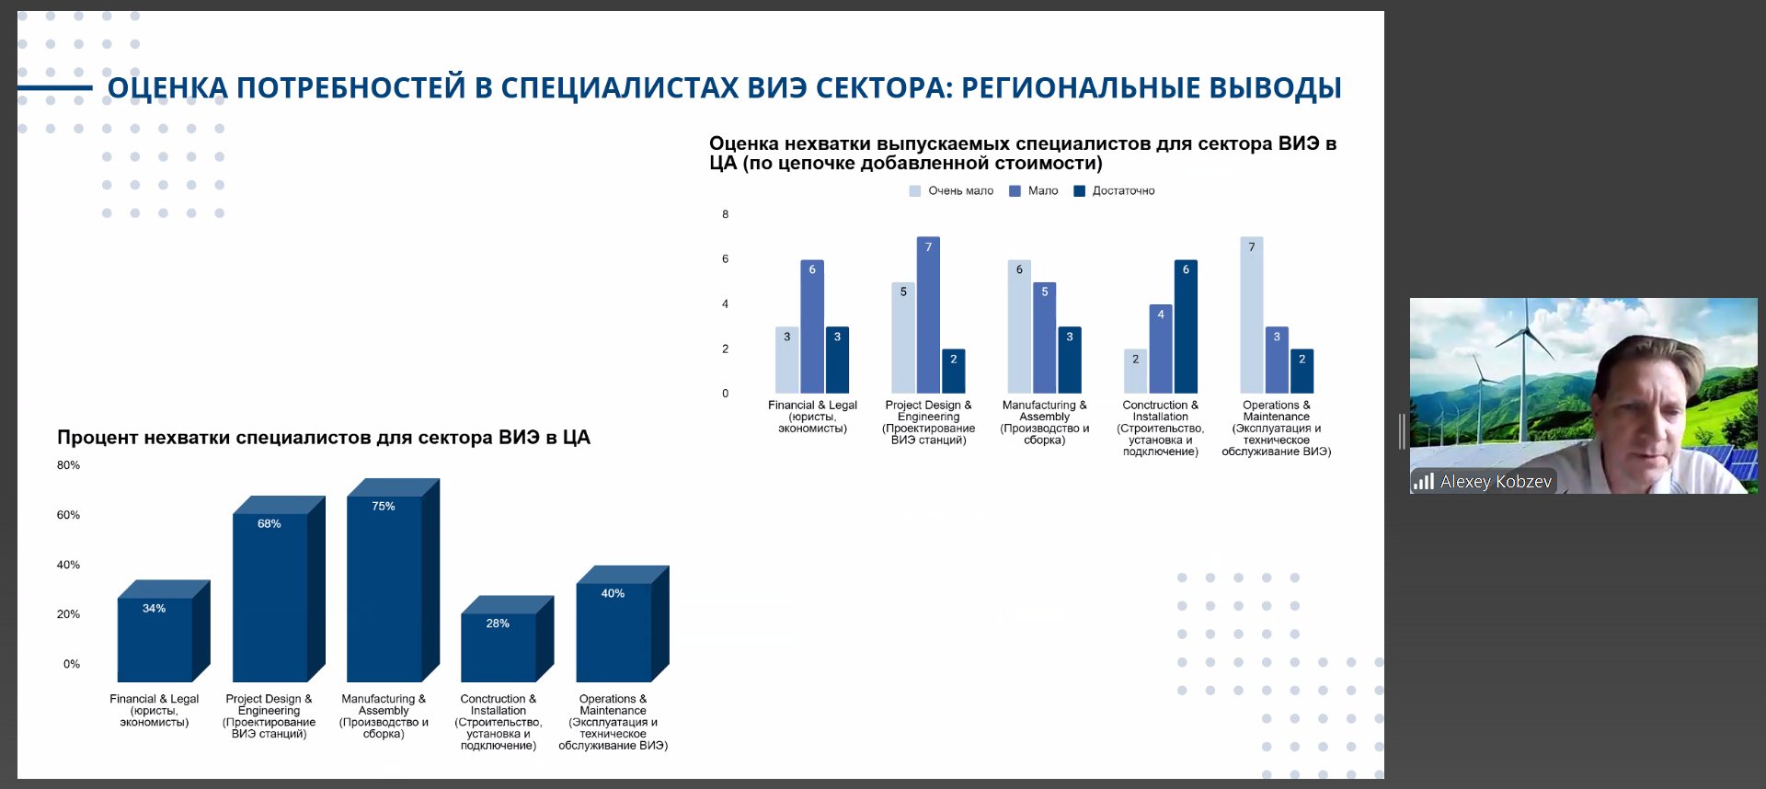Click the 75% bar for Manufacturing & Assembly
click(384, 589)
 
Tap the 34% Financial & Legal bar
click(155, 639)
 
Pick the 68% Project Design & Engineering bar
click(269, 598)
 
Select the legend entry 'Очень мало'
click(952, 191)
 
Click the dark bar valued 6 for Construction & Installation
click(1186, 326)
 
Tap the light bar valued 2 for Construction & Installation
click(1135, 372)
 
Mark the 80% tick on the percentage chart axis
click(68, 465)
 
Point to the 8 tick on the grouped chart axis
click(725, 214)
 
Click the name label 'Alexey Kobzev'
click(1495, 482)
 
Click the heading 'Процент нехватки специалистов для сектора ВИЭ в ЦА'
click(323, 438)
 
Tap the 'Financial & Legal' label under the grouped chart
click(812, 406)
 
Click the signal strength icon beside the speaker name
click(1424, 481)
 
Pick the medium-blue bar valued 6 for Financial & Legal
click(812, 326)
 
